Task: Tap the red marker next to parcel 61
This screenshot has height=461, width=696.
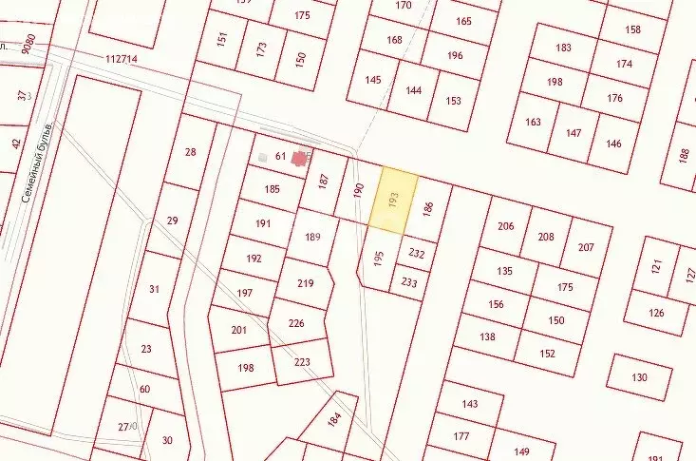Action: point(300,159)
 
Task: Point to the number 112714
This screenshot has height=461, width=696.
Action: point(122,59)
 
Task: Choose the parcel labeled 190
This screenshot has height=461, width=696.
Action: point(358,190)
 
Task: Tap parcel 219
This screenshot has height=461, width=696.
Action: point(305,283)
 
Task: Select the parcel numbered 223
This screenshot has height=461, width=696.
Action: point(303,362)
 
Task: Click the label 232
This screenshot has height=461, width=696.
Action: point(416,254)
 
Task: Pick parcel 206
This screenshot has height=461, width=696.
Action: point(505,226)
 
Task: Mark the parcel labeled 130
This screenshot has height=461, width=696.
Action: point(639,378)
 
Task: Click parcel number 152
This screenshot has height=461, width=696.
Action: point(548,354)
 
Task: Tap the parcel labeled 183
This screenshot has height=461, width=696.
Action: point(564,48)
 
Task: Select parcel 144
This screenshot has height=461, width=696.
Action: point(413,90)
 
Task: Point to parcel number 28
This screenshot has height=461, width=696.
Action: point(191,152)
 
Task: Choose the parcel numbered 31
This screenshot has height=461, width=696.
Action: point(154,289)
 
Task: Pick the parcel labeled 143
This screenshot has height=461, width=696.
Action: point(470,404)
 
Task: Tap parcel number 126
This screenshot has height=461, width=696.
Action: point(656,314)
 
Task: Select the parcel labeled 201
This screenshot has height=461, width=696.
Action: point(238,330)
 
